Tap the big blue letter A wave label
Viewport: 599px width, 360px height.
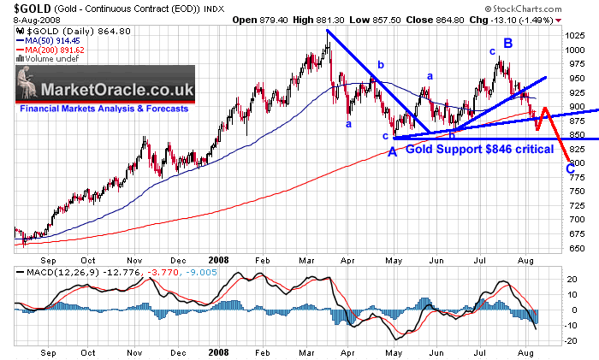click(393, 151)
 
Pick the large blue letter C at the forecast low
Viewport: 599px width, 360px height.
click(570, 168)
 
